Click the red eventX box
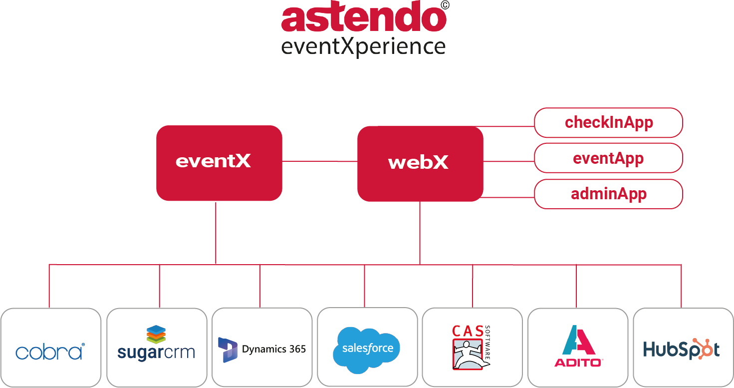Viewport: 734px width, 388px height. pos(219,163)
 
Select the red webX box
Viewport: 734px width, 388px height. pos(420,163)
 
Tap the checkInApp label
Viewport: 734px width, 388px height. pos(608,122)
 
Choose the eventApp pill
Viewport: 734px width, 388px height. pos(608,158)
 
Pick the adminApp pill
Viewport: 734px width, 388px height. pos(608,194)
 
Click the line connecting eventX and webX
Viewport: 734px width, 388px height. pos(320,161)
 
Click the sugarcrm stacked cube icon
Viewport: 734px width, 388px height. pos(156,334)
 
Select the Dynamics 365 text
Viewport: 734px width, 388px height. pos(274,349)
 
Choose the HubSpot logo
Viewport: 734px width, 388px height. pos(681,349)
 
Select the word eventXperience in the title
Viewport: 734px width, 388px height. pos(363,46)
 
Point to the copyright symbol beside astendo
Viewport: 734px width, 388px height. pos(446,5)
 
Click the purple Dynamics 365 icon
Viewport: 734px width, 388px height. pos(228,349)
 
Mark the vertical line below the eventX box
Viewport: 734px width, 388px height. pos(216,232)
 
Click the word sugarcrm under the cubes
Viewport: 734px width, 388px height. pos(156,353)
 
